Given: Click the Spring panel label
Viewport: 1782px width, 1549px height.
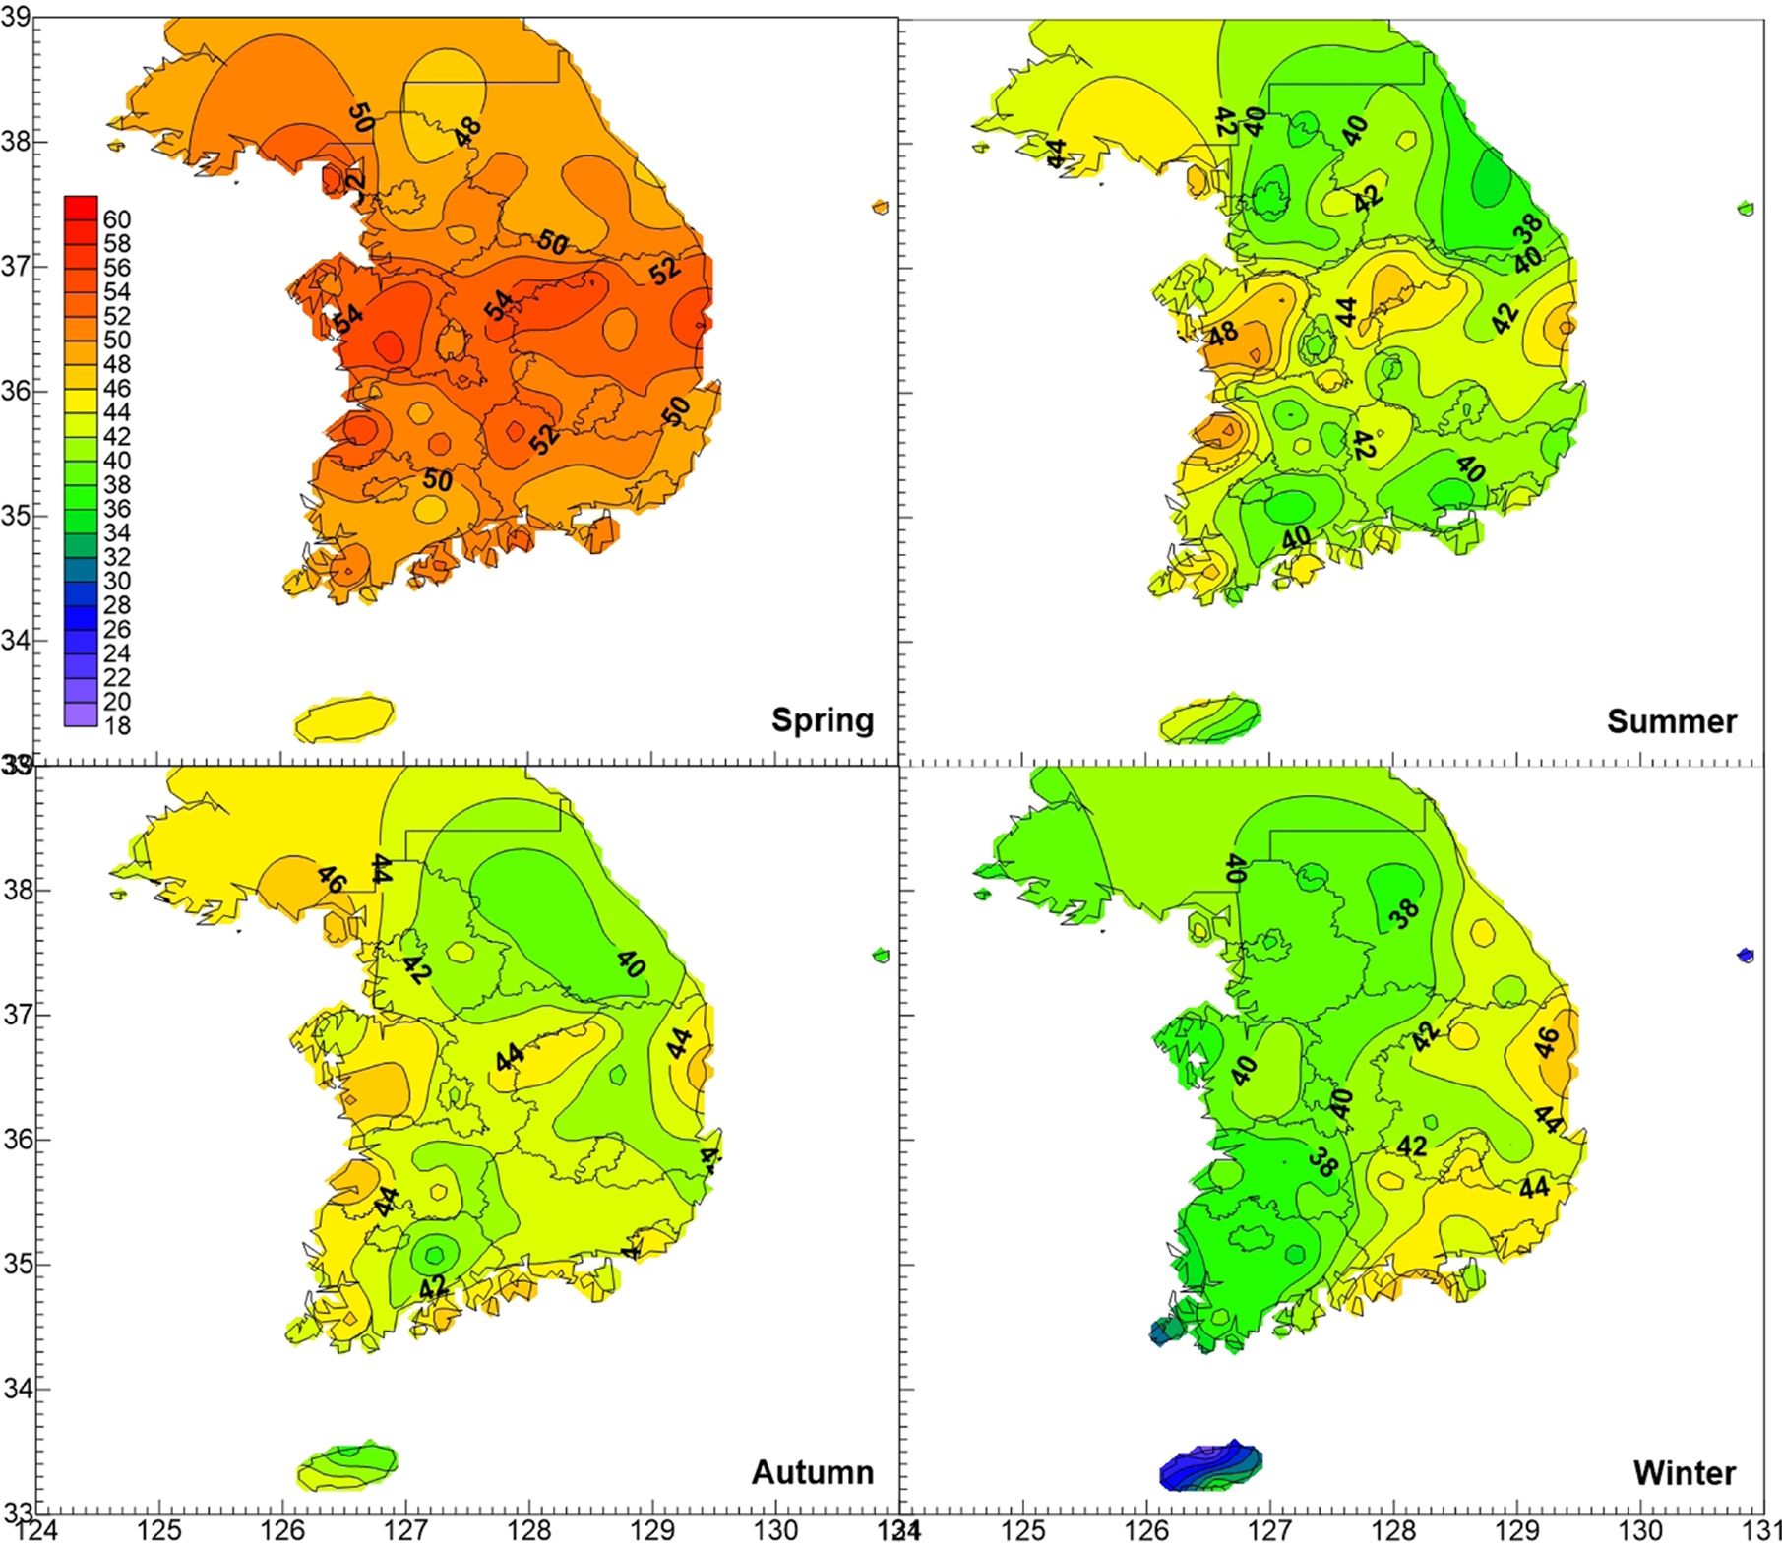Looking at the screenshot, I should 822,719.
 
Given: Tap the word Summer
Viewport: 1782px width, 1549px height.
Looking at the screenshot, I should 1671,721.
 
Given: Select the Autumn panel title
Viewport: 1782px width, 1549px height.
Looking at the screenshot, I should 812,1471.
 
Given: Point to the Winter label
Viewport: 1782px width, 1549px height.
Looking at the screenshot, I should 1685,1472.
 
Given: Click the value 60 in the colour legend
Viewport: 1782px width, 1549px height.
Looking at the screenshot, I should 116,219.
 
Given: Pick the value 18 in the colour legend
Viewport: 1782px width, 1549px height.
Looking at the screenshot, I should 116,726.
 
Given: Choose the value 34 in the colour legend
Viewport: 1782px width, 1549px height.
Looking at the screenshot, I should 116,533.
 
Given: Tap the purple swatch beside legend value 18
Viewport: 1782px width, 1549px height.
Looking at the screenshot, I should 81,714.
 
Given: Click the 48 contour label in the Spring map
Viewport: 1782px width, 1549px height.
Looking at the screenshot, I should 468,132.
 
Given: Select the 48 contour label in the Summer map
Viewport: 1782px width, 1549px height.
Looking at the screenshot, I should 1223,333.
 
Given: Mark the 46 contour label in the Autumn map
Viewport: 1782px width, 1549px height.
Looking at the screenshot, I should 330,879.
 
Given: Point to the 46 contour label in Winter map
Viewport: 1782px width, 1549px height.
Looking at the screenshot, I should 1546,1041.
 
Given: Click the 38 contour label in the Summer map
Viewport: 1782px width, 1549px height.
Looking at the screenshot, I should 1528,228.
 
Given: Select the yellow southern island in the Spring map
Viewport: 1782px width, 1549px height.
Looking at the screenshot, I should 345,718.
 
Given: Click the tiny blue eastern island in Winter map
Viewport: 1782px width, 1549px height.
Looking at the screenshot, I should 1746,955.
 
